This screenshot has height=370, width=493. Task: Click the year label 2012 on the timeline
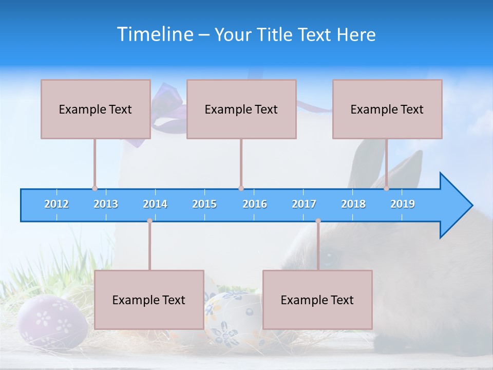tap(56, 204)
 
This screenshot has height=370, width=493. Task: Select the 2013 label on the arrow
tap(106, 204)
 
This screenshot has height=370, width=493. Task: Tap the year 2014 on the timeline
tap(155, 204)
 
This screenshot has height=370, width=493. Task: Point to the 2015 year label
tap(204, 204)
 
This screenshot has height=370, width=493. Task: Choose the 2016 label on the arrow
tap(255, 204)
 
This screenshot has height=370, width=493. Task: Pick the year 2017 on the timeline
tap(304, 204)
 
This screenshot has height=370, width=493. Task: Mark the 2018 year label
tap(353, 204)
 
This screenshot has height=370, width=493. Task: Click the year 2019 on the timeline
tap(403, 204)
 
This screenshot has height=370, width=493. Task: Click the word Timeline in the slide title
tap(155, 34)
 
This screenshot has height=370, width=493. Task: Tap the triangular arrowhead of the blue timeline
tap(454, 206)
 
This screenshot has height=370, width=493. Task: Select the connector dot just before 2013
tap(94, 188)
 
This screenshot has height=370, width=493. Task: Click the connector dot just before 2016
tap(241, 188)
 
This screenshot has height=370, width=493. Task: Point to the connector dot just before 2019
tap(387, 188)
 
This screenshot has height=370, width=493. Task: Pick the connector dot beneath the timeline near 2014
tap(149, 221)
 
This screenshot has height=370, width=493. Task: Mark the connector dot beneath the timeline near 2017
tap(318, 221)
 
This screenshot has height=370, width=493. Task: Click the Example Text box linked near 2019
tap(387, 109)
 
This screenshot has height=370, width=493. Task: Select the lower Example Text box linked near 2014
tap(149, 300)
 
